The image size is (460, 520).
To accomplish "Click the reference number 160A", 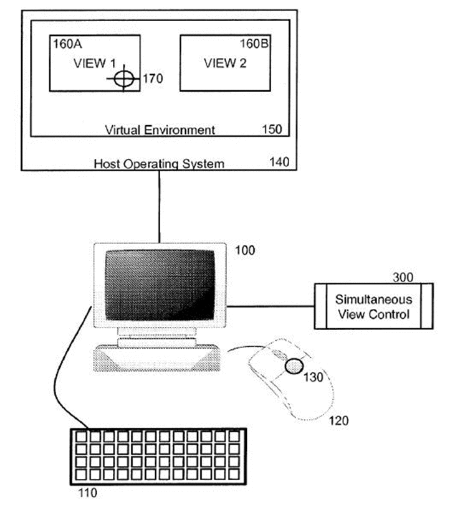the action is pos(67,44).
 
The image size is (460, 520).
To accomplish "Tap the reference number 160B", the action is pos(254,44).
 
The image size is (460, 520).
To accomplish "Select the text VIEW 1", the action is pos(95,63).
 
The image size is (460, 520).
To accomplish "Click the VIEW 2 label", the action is pos(225,63).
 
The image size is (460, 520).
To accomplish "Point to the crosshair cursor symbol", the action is pos(124,78).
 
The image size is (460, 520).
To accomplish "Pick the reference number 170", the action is pos(153,78).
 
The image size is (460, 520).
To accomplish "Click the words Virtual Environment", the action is pos(160,130).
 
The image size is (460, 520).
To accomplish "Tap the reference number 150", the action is pos(272,129).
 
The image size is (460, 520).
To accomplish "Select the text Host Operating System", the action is pos(159,164).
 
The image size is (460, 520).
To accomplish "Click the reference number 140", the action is pos(279,162).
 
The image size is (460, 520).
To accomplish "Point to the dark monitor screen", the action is pos(160,285).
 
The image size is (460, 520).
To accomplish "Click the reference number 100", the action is pos(245,250).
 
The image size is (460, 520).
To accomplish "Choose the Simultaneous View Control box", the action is pos(374,306).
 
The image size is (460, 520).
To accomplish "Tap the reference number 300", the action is pos(403,277).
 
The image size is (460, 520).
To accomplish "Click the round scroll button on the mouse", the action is pos(294,366).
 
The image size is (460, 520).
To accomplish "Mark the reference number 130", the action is pos(314,377).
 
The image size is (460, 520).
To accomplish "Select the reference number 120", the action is pos(338,420).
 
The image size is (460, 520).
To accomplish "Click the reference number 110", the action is pos(88,493).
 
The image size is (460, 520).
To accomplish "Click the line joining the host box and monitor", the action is pos(160,207).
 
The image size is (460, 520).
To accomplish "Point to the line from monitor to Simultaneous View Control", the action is pos(271,306).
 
